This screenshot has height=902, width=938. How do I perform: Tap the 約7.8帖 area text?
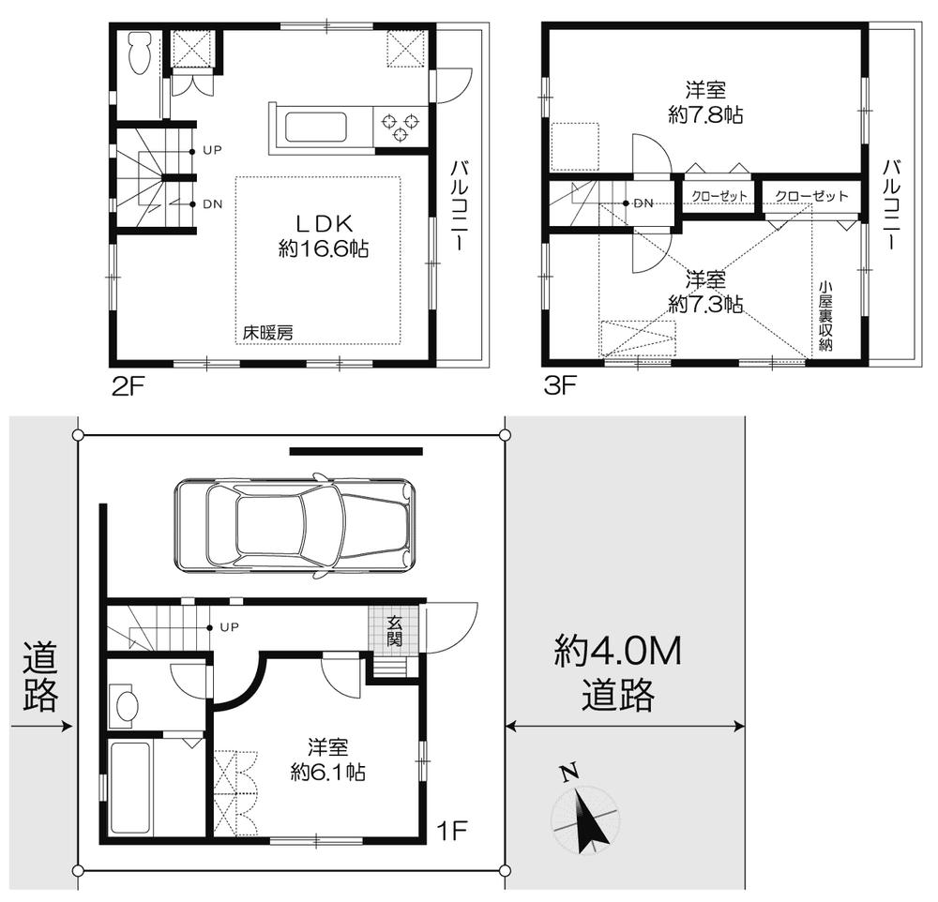(706, 116)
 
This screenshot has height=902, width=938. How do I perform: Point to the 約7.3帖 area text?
(705, 304)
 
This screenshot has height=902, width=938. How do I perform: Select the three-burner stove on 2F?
(401, 126)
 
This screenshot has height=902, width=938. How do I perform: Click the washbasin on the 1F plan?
(125, 705)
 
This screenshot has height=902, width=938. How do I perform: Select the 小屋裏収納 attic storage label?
(825, 316)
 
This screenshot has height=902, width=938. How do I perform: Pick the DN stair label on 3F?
(643, 203)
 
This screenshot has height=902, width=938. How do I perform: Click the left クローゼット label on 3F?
(720, 196)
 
